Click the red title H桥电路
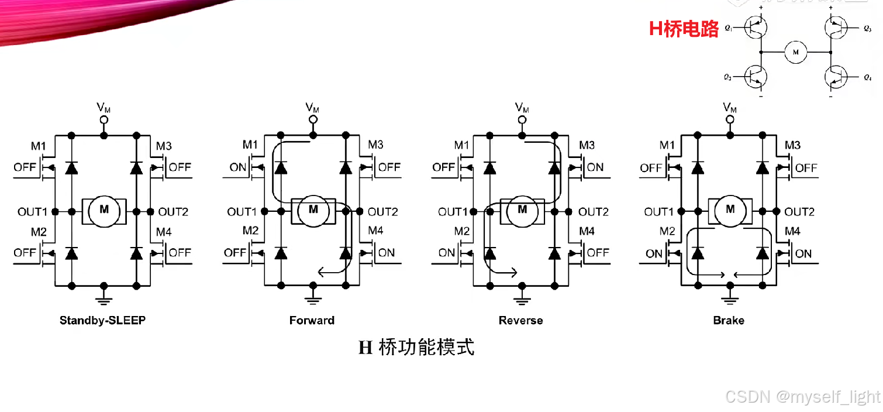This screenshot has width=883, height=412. click(684, 29)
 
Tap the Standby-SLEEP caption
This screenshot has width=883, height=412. click(102, 320)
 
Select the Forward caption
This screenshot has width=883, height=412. click(312, 320)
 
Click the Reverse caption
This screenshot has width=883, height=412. click(520, 320)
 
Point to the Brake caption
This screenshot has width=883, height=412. click(729, 320)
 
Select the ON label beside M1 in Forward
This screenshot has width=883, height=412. click(238, 167)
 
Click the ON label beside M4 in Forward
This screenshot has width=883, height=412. click(387, 253)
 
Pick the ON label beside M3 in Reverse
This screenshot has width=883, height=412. click(595, 167)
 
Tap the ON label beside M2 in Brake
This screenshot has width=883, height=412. click(654, 253)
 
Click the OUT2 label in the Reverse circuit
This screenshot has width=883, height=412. click(594, 212)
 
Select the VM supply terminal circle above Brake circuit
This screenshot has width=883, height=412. click(730, 120)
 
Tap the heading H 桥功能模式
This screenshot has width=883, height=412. click(416, 348)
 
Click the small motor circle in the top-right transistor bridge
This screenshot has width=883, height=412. click(795, 52)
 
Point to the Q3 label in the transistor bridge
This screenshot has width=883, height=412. click(867, 28)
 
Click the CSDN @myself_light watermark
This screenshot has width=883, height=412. click(802, 397)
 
